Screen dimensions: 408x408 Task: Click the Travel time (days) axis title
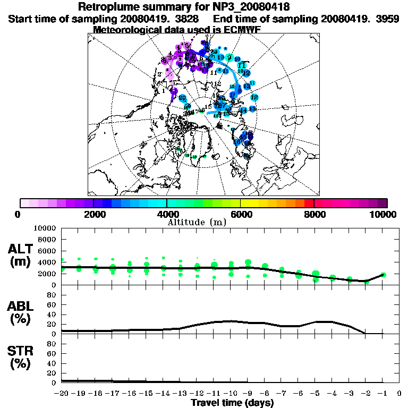pyautogui.click(x=232, y=403)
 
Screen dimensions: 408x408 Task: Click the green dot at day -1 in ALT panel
pyautogui.click(x=383, y=275)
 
